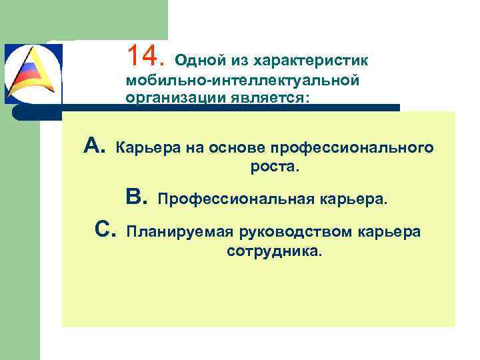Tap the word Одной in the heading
(194, 61)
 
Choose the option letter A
(95, 145)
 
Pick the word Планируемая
(177, 232)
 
